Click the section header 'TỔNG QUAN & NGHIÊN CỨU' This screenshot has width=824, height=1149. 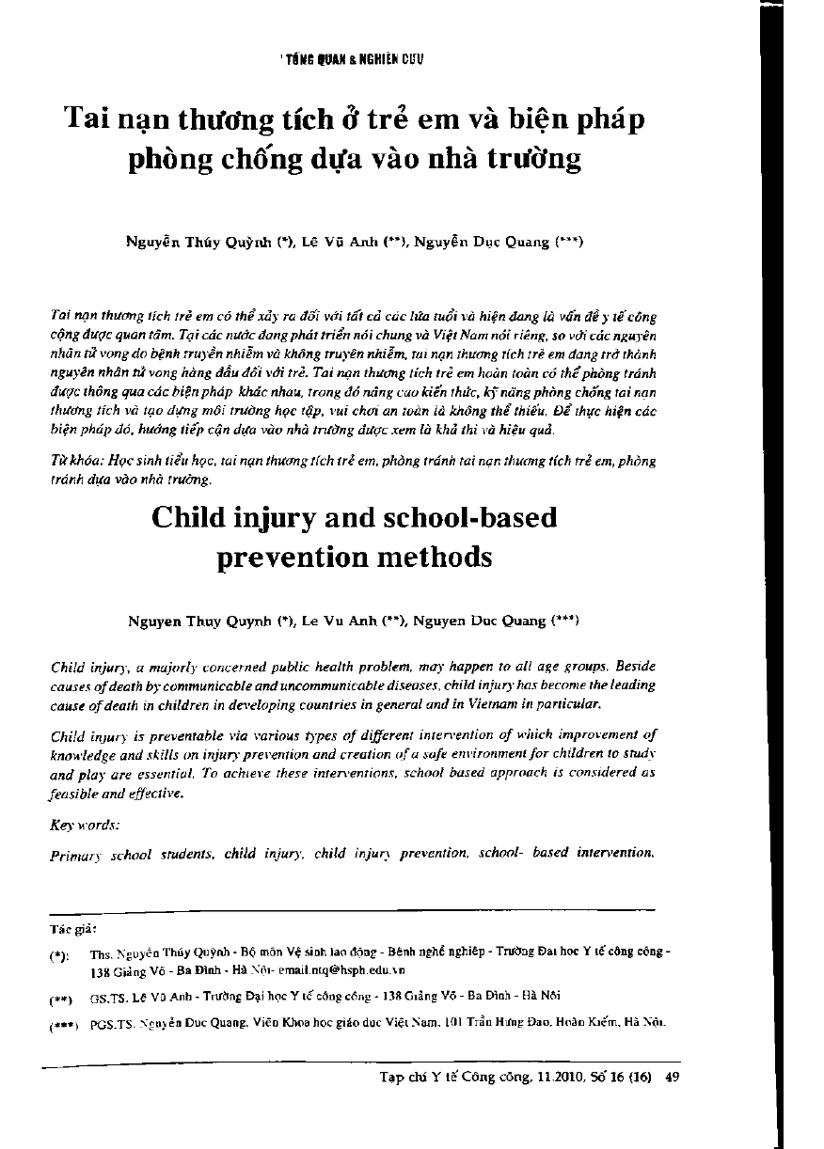click(354, 59)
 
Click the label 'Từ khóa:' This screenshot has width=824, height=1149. click(71, 461)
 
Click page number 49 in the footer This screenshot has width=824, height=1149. click(672, 1078)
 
